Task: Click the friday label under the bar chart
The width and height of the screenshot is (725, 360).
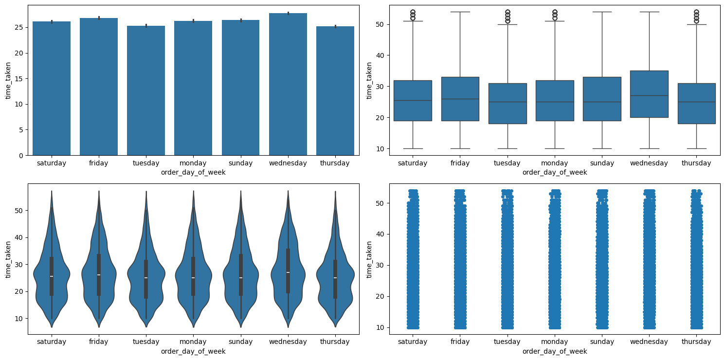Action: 99,163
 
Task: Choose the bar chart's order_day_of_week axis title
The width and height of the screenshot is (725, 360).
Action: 193,172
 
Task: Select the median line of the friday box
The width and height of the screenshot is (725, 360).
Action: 460,99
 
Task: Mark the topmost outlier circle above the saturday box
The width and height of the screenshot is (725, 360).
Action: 413,11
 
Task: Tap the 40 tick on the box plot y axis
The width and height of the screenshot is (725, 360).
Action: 381,55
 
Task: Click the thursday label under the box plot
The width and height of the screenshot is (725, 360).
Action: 696,163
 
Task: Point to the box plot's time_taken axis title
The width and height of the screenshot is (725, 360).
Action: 369,80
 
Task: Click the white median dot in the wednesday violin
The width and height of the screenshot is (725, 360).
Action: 288,272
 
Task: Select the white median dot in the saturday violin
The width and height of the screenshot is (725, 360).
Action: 52,276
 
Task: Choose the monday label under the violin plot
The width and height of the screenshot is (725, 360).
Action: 193,342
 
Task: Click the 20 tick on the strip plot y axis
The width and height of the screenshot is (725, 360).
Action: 381,296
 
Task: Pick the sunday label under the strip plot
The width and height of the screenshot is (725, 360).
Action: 602,342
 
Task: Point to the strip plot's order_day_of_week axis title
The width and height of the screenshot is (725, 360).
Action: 555,351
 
